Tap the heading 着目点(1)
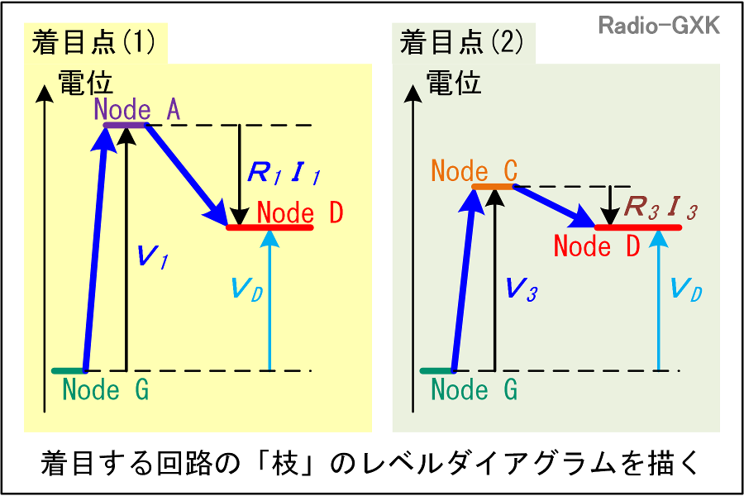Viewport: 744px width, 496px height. click(x=93, y=43)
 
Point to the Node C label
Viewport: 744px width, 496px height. click(x=475, y=172)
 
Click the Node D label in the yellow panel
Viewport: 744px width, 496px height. click(x=299, y=212)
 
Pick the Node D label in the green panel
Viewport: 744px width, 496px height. click(x=597, y=246)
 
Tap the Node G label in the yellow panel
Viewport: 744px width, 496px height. click(x=106, y=389)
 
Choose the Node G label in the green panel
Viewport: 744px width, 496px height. click(x=475, y=389)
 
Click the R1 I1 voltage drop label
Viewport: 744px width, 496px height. click(x=284, y=174)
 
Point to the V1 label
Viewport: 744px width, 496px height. click(x=152, y=258)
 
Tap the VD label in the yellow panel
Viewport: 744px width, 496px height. click(x=246, y=289)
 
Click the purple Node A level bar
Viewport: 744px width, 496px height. click(x=124, y=125)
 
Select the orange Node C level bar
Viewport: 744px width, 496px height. click(x=493, y=187)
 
